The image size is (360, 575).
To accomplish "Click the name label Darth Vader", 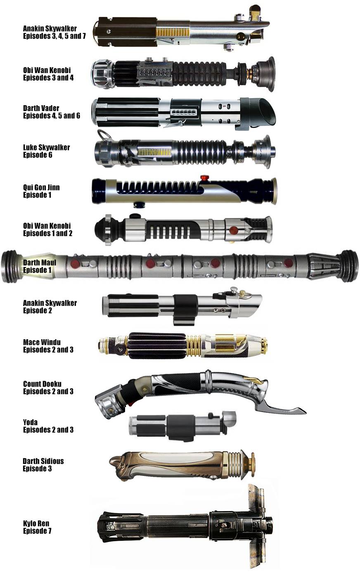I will pyautogui.click(x=41, y=108).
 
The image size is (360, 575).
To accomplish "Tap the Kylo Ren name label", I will pyautogui.click(x=36, y=523).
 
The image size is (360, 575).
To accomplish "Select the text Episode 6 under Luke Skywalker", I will pyautogui.click(x=38, y=155).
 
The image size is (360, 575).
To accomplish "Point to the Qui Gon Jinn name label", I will pyautogui.click(x=41, y=187).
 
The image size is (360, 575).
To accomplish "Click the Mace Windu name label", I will pyautogui.click(x=42, y=342).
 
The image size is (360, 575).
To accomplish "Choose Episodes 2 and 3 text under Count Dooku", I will pyautogui.click(x=48, y=391).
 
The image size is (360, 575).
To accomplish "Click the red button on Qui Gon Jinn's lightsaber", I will pyautogui.click(x=203, y=178).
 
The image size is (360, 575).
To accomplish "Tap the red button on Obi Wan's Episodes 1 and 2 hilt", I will pyautogui.click(x=234, y=230).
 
